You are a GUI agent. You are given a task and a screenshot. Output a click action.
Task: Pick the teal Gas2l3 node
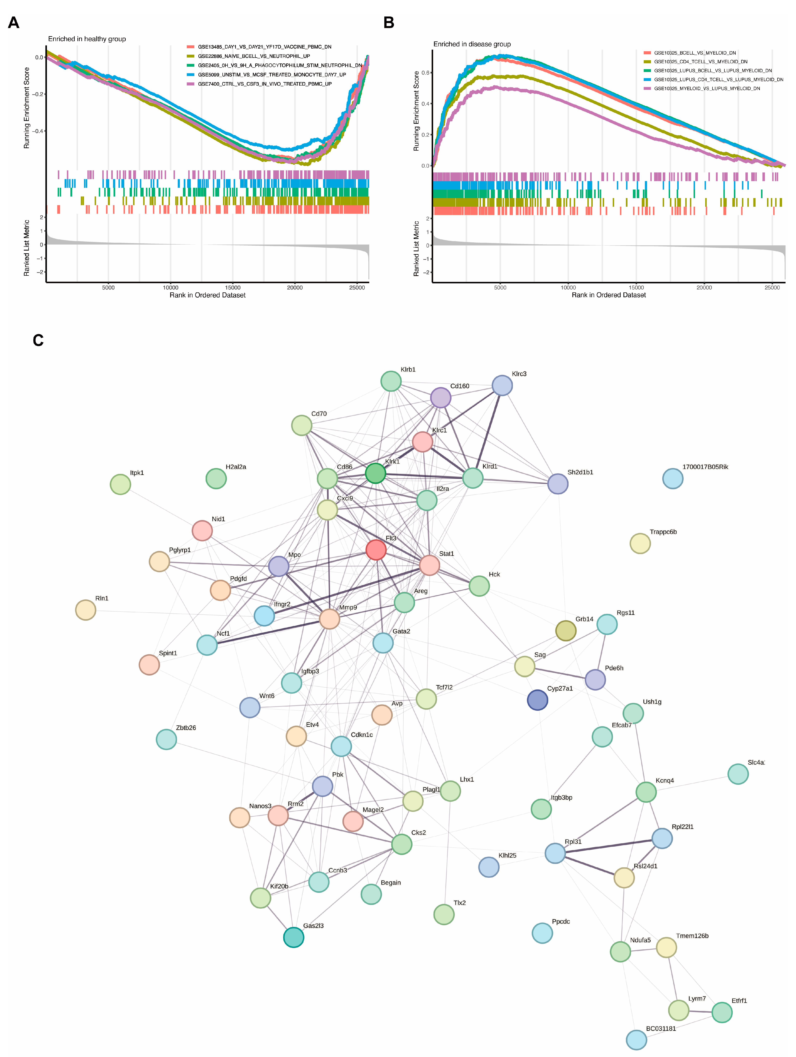293,937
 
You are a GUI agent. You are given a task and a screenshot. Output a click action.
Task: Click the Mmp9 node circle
329,619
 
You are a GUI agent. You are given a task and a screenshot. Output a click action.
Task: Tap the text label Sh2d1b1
580,472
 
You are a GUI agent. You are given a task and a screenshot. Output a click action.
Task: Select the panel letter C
38,340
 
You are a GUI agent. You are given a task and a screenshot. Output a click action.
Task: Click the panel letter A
14,22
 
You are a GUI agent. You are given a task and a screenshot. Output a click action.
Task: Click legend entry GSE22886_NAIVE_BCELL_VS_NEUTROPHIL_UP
254,56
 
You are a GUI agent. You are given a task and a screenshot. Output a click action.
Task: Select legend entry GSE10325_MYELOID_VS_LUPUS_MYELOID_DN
707,88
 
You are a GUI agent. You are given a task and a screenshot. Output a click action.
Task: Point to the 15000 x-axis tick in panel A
233,287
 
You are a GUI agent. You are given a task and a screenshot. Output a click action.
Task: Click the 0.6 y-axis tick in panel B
425,73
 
